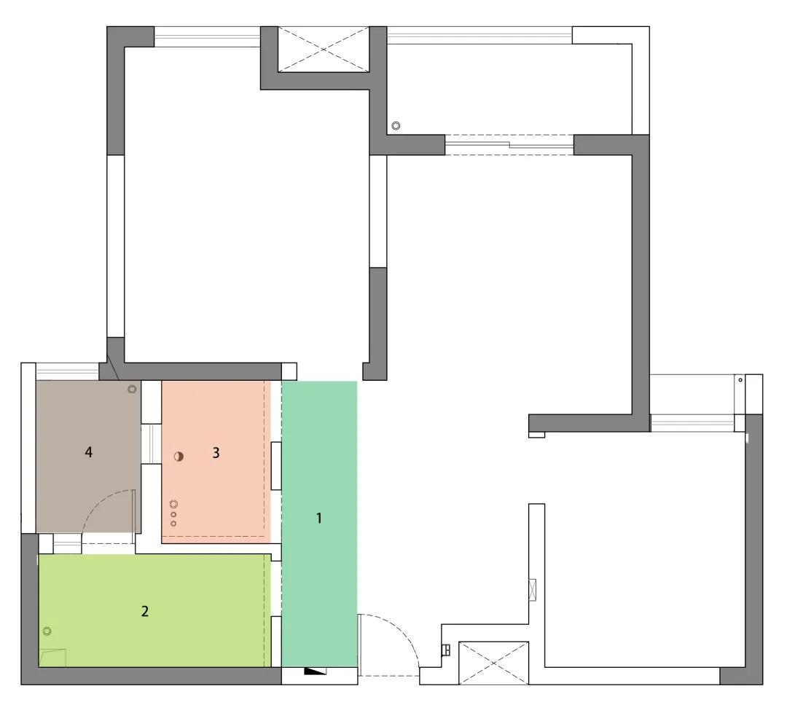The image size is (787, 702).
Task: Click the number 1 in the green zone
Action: click(318, 518)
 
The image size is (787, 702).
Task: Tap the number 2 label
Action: click(145, 611)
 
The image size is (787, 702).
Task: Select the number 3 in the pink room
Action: click(216, 453)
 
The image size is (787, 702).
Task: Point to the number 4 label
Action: click(89, 452)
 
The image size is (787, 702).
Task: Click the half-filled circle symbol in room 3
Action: click(179, 457)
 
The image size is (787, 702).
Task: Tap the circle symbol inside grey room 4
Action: click(132, 389)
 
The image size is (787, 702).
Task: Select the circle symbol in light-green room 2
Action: click(47, 631)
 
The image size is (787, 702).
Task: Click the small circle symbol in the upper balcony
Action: click(396, 126)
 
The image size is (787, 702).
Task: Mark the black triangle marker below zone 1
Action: click(316, 671)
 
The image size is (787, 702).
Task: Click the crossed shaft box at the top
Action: click(324, 49)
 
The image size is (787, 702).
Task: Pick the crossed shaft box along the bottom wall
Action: click(494, 663)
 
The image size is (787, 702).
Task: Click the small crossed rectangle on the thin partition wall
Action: click(533, 590)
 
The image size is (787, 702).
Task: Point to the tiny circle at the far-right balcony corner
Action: click(740, 380)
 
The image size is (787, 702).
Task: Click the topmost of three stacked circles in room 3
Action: click(173, 505)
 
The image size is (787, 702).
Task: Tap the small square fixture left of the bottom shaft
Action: click(446, 650)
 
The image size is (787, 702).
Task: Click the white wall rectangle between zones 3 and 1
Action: click(276, 466)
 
